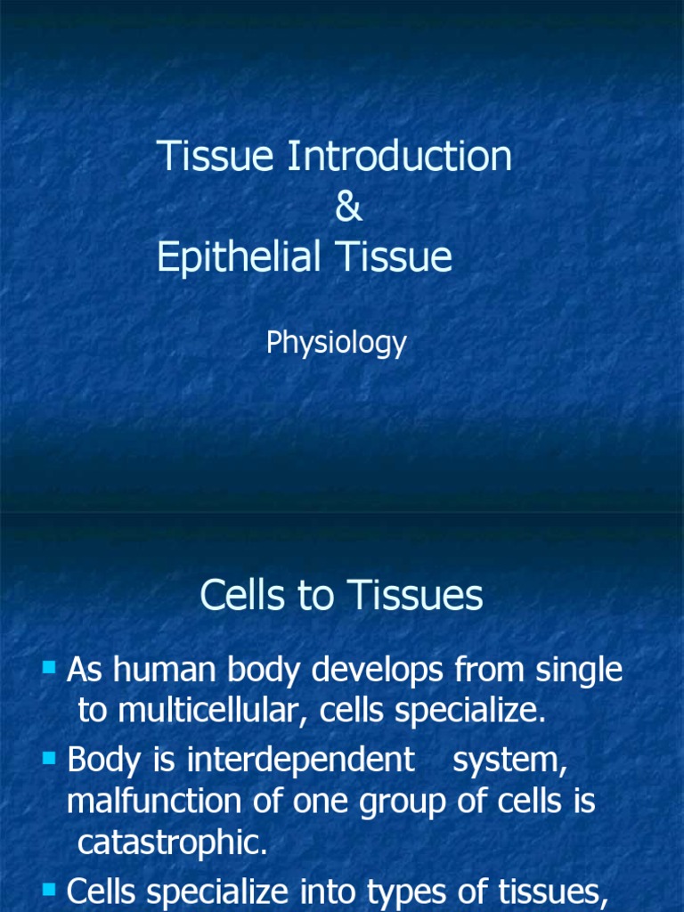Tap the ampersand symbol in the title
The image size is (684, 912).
click(348, 208)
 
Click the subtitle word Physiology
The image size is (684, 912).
click(336, 344)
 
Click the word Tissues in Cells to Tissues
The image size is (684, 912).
click(427, 596)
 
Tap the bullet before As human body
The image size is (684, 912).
click(50, 666)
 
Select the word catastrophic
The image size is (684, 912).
click(173, 843)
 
